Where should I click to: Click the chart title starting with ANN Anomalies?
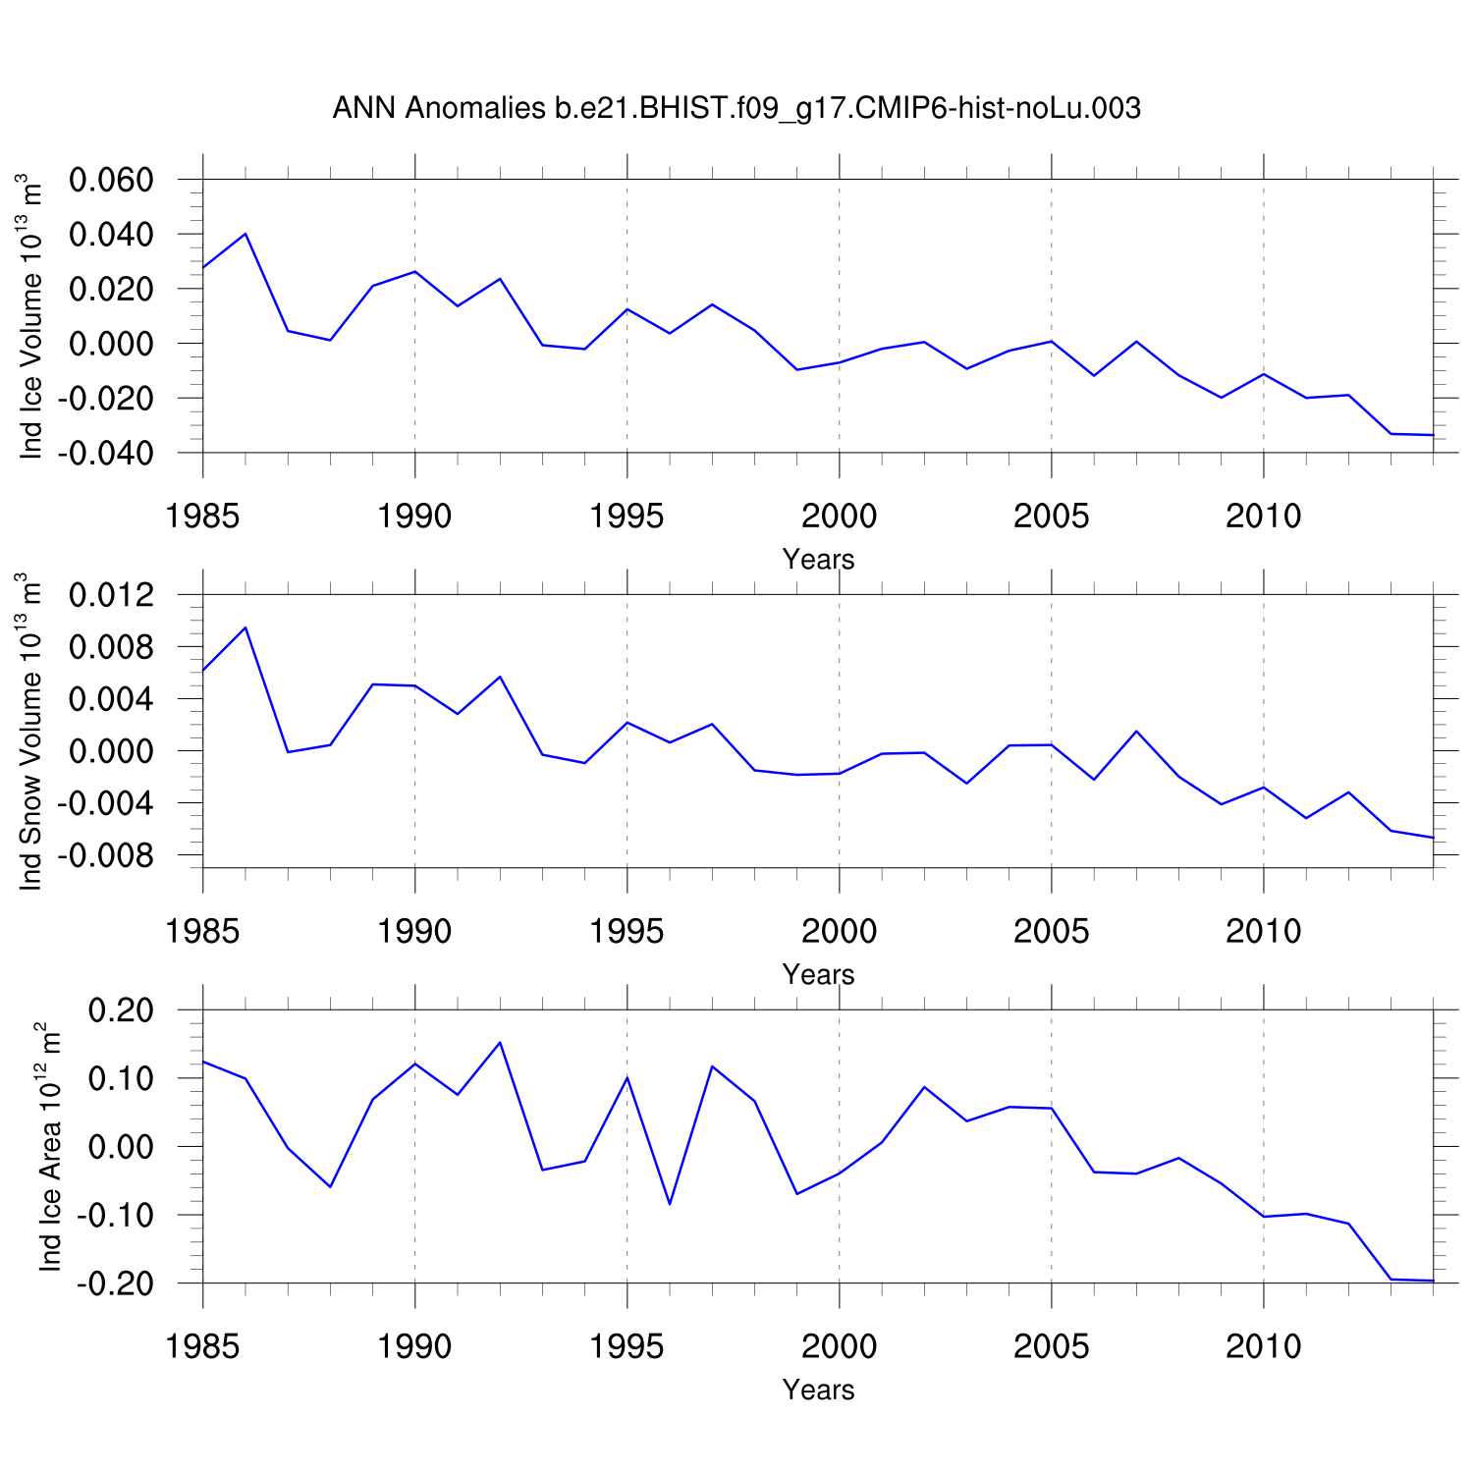(736, 108)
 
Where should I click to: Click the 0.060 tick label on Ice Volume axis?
(111, 181)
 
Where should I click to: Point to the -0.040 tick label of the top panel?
(105, 454)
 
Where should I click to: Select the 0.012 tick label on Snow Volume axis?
(111, 595)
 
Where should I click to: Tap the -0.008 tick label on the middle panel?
(105, 856)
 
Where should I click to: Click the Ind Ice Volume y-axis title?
(31, 316)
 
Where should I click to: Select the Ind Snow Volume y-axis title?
(31, 732)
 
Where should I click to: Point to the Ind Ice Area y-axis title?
(49, 1146)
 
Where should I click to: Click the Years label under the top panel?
(818, 560)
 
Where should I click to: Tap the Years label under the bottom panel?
(818, 1391)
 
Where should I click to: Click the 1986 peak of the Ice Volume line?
(245, 234)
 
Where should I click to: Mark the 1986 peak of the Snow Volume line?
(245, 627)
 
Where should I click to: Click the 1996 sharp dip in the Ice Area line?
(670, 1204)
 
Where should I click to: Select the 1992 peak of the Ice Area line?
(500, 1042)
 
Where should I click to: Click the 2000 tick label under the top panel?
(839, 516)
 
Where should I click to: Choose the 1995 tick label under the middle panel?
(627, 931)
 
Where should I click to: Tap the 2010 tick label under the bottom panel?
(1263, 1346)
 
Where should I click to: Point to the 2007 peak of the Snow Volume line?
(1136, 731)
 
